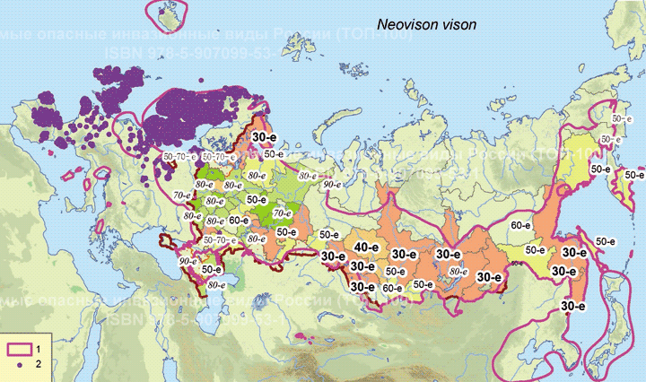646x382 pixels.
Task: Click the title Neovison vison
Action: (x=425, y=26)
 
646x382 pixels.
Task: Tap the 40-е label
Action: (x=365, y=247)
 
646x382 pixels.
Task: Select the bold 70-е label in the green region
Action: (x=284, y=214)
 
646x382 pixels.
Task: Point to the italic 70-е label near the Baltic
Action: (x=182, y=194)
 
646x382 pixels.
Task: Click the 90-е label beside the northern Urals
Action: (x=332, y=183)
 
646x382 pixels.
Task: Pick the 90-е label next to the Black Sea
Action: (x=188, y=261)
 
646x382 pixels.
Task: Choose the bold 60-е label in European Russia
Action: (x=239, y=220)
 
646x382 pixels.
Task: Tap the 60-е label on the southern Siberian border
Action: (x=392, y=288)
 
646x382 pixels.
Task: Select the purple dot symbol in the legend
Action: (x=20, y=365)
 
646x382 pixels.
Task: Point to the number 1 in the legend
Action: (x=39, y=349)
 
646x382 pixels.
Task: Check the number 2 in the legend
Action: (x=39, y=365)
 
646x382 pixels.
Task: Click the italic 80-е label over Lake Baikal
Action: (x=458, y=270)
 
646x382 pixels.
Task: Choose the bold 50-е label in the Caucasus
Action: (x=212, y=269)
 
